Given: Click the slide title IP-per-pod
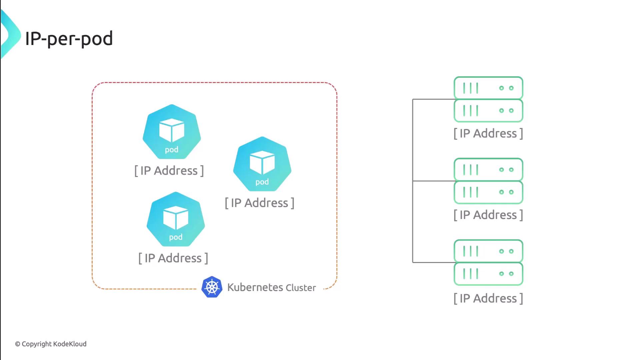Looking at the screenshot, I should tap(69, 39).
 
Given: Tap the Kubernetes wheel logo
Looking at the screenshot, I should tap(212, 287).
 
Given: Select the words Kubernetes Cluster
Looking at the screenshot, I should tap(271, 287).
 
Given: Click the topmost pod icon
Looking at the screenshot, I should tap(172, 132).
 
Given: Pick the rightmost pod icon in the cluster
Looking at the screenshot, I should tap(262, 164).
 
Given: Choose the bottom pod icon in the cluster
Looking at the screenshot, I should tap(176, 219).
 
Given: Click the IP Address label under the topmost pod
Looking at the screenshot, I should tap(169, 171).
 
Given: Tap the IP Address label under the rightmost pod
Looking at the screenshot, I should tap(260, 203).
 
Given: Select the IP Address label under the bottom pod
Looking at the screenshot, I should tap(173, 258).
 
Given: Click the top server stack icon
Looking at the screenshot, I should tap(488, 99).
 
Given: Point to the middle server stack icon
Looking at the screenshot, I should tap(488, 181).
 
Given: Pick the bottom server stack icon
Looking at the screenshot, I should tap(488, 262).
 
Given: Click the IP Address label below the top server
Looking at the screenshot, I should tap(488, 133).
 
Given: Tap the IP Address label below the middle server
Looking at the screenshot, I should tap(488, 215).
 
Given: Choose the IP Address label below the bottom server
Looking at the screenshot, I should tap(488, 298).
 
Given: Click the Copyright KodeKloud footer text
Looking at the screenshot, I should tap(51, 344).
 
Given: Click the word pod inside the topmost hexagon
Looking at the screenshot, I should tap(172, 150).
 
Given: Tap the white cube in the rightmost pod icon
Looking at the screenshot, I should tap(262, 162).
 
